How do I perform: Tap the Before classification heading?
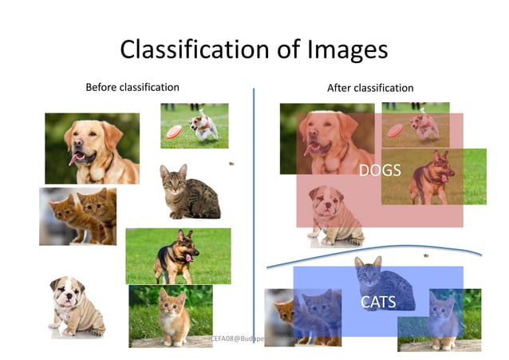click(x=132, y=87)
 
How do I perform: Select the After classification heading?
click(x=370, y=88)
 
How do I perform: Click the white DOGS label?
click(x=380, y=170)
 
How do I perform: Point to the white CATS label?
click(x=377, y=302)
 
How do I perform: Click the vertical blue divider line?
click(x=254, y=200)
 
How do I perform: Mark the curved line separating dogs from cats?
click(x=375, y=250)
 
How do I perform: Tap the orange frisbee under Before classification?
click(x=173, y=133)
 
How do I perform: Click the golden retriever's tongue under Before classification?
click(x=77, y=159)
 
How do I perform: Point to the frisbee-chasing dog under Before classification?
click(x=203, y=125)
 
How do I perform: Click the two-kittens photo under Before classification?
click(x=78, y=216)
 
